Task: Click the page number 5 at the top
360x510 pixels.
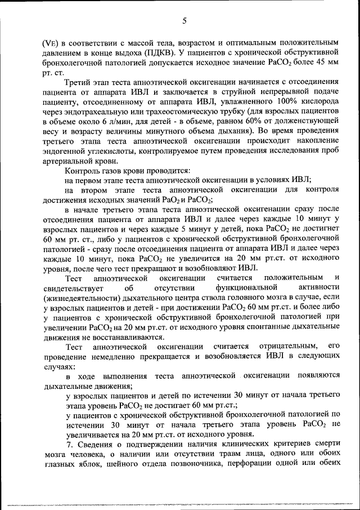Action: pos(184,21)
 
